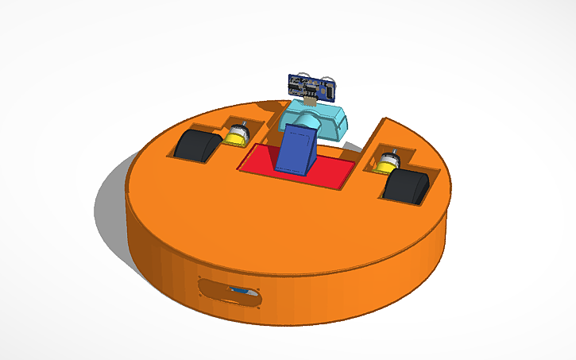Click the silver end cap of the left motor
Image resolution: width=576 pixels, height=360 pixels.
point(239,128)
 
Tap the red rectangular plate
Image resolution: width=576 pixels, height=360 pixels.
point(326,168)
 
